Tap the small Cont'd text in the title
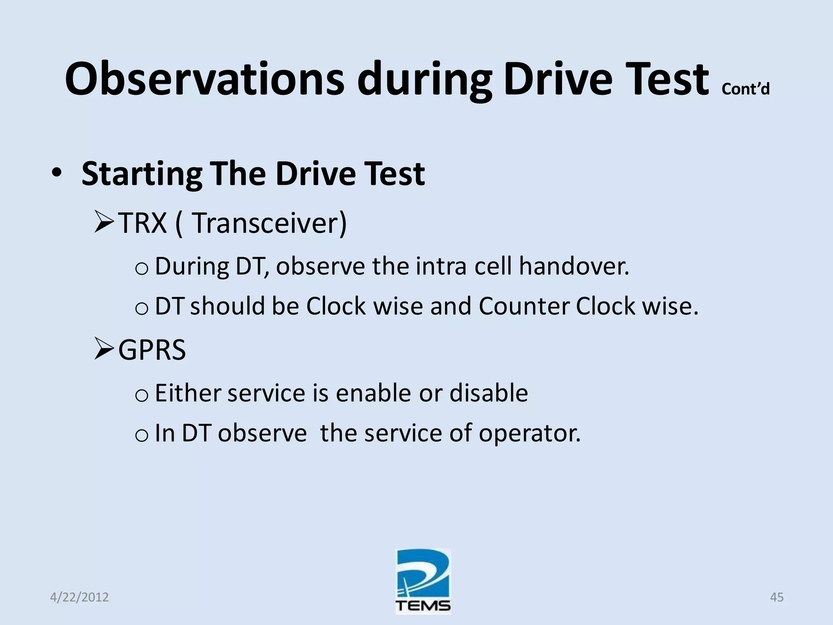tap(745, 89)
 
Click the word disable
tap(488, 393)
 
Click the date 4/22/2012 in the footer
tap(79, 597)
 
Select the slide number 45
tap(776, 597)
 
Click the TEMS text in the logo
tap(423, 606)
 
